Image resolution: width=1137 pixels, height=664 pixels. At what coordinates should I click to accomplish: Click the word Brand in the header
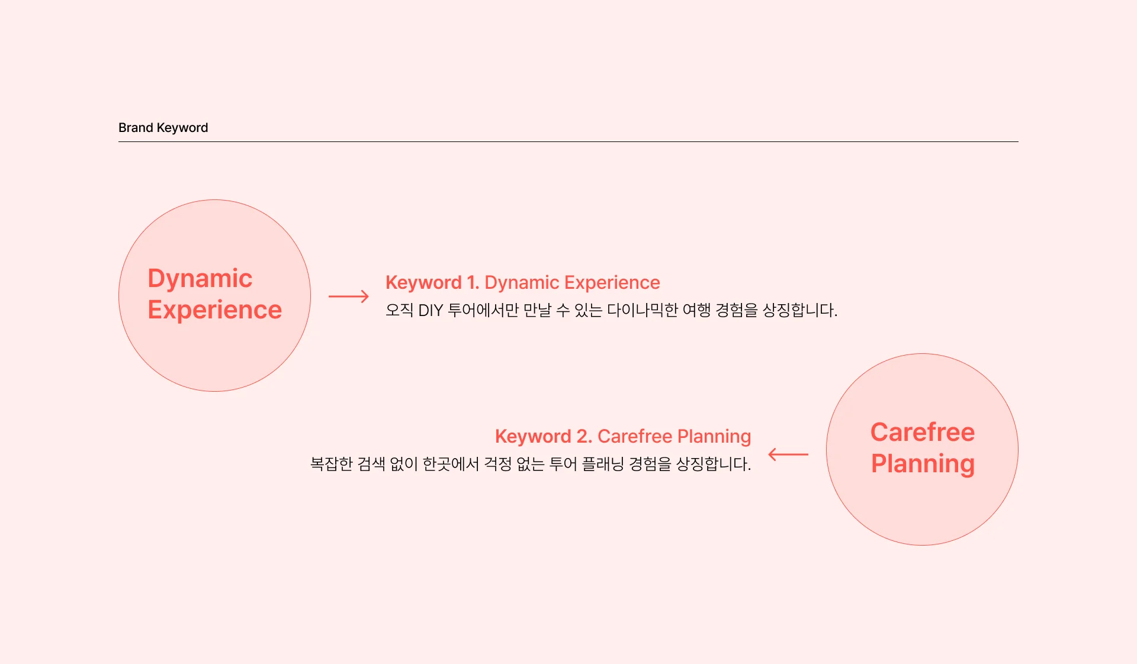(x=136, y=128)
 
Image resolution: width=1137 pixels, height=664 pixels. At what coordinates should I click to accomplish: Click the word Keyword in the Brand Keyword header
(x=182, y=128)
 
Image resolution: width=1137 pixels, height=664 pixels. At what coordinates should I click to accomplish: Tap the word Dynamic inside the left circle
(x=200, y=279)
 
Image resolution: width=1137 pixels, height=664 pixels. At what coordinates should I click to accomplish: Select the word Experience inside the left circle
(x=214, y=310)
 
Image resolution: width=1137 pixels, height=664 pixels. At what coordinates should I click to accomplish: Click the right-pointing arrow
(x=348, y=296)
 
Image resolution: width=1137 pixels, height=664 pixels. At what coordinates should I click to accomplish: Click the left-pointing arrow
(x=788, y=455)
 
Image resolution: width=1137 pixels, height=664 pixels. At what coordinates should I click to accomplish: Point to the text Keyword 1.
(x=432, y=283)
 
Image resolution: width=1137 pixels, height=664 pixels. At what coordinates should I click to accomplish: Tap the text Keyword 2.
(x=543, y=437)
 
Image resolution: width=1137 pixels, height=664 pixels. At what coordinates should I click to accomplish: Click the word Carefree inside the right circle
(x=922, y=433)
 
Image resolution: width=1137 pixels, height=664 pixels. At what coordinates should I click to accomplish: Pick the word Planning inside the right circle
(x=922, y=464)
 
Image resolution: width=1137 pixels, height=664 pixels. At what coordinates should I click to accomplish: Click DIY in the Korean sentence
(x=431, y=311)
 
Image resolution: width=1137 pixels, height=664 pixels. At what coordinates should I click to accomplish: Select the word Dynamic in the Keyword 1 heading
(x=522, y=283)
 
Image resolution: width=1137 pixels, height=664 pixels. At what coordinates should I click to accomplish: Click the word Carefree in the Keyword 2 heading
(x=635, y=437)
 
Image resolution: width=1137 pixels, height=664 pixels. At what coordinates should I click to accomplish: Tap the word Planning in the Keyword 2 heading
(x=714, y=437)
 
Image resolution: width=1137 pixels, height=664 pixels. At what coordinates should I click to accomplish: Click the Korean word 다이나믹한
(x=642, y=311)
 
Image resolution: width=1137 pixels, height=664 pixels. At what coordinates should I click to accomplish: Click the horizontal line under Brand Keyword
(x=568, y=142)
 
